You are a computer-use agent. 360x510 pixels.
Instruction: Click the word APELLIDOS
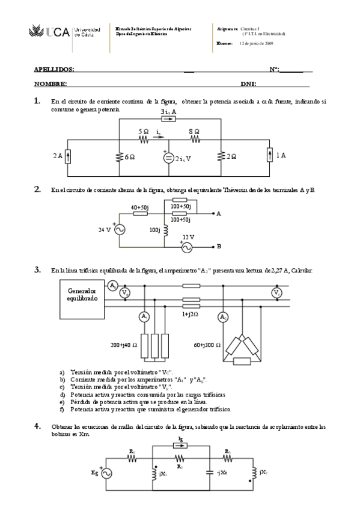[x=55, y=70]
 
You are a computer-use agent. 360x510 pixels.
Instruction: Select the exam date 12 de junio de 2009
[x=257, y=44]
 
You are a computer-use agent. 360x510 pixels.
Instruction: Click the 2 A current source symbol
[x=68, y=156]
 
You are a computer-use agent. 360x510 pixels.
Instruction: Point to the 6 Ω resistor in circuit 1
[x=120, y=156]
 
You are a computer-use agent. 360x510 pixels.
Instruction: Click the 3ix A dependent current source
[x=169, y=119]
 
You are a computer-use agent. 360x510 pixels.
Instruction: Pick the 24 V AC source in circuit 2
[x=119, y=229]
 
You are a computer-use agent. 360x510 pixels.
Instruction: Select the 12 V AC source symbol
[x=187, y=247]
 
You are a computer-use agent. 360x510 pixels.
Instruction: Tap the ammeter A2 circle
[x=223, y=316]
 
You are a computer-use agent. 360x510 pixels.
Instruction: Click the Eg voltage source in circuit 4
[x=107, y=474]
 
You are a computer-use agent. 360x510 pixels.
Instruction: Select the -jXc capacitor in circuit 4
[x=210, y=473]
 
